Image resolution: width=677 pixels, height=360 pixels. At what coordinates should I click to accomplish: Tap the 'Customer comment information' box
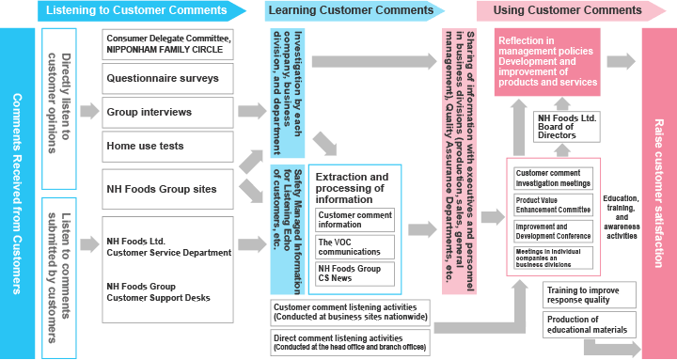(355, 220)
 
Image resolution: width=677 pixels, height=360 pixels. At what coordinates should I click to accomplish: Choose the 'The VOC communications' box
(355, 247)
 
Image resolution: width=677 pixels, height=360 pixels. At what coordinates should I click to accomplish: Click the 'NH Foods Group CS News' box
(355, 274)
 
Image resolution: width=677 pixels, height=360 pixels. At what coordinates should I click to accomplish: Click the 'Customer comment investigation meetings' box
(554, 178)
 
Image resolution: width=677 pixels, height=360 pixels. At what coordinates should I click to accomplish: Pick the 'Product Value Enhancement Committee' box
(554, 204)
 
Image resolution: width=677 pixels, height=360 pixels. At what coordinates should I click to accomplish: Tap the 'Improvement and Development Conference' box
(554, 231)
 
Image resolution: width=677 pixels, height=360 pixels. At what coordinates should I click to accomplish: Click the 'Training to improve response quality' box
(590, 295)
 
